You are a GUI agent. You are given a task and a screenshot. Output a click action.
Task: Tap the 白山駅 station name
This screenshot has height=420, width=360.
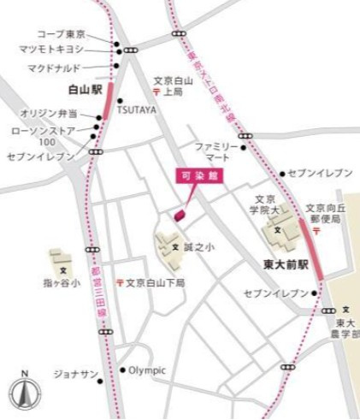(85, 88)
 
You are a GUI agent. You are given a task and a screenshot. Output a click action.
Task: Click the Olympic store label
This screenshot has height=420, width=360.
(147, 370)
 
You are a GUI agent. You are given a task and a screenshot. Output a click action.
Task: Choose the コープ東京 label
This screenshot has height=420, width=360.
(61, 34)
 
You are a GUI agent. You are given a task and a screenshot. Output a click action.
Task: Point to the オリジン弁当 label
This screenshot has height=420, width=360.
(50, 113)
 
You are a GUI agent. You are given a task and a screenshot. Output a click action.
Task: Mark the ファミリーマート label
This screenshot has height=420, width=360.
(214, 151)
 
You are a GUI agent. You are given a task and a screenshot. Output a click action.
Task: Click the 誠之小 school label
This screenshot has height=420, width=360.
(198, 247)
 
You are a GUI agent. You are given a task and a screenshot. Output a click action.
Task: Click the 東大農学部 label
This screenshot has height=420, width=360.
(345, 328)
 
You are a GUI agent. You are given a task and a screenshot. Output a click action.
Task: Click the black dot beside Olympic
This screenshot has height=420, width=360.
(122, 370)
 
